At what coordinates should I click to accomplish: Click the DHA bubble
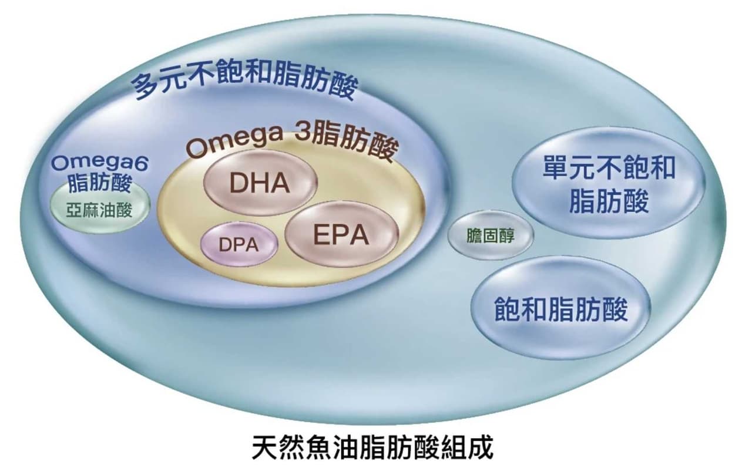260,183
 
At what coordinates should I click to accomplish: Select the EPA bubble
342,234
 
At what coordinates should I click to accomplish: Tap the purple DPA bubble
239,244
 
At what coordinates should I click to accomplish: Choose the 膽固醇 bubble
491,235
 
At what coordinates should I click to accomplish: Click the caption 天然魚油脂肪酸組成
372,447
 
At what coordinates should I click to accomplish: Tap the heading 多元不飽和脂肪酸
244,79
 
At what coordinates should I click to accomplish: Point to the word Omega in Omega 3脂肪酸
235,143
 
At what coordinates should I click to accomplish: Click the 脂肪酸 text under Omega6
100,183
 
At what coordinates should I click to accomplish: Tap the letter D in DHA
238,183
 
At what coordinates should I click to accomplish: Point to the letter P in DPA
240,245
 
